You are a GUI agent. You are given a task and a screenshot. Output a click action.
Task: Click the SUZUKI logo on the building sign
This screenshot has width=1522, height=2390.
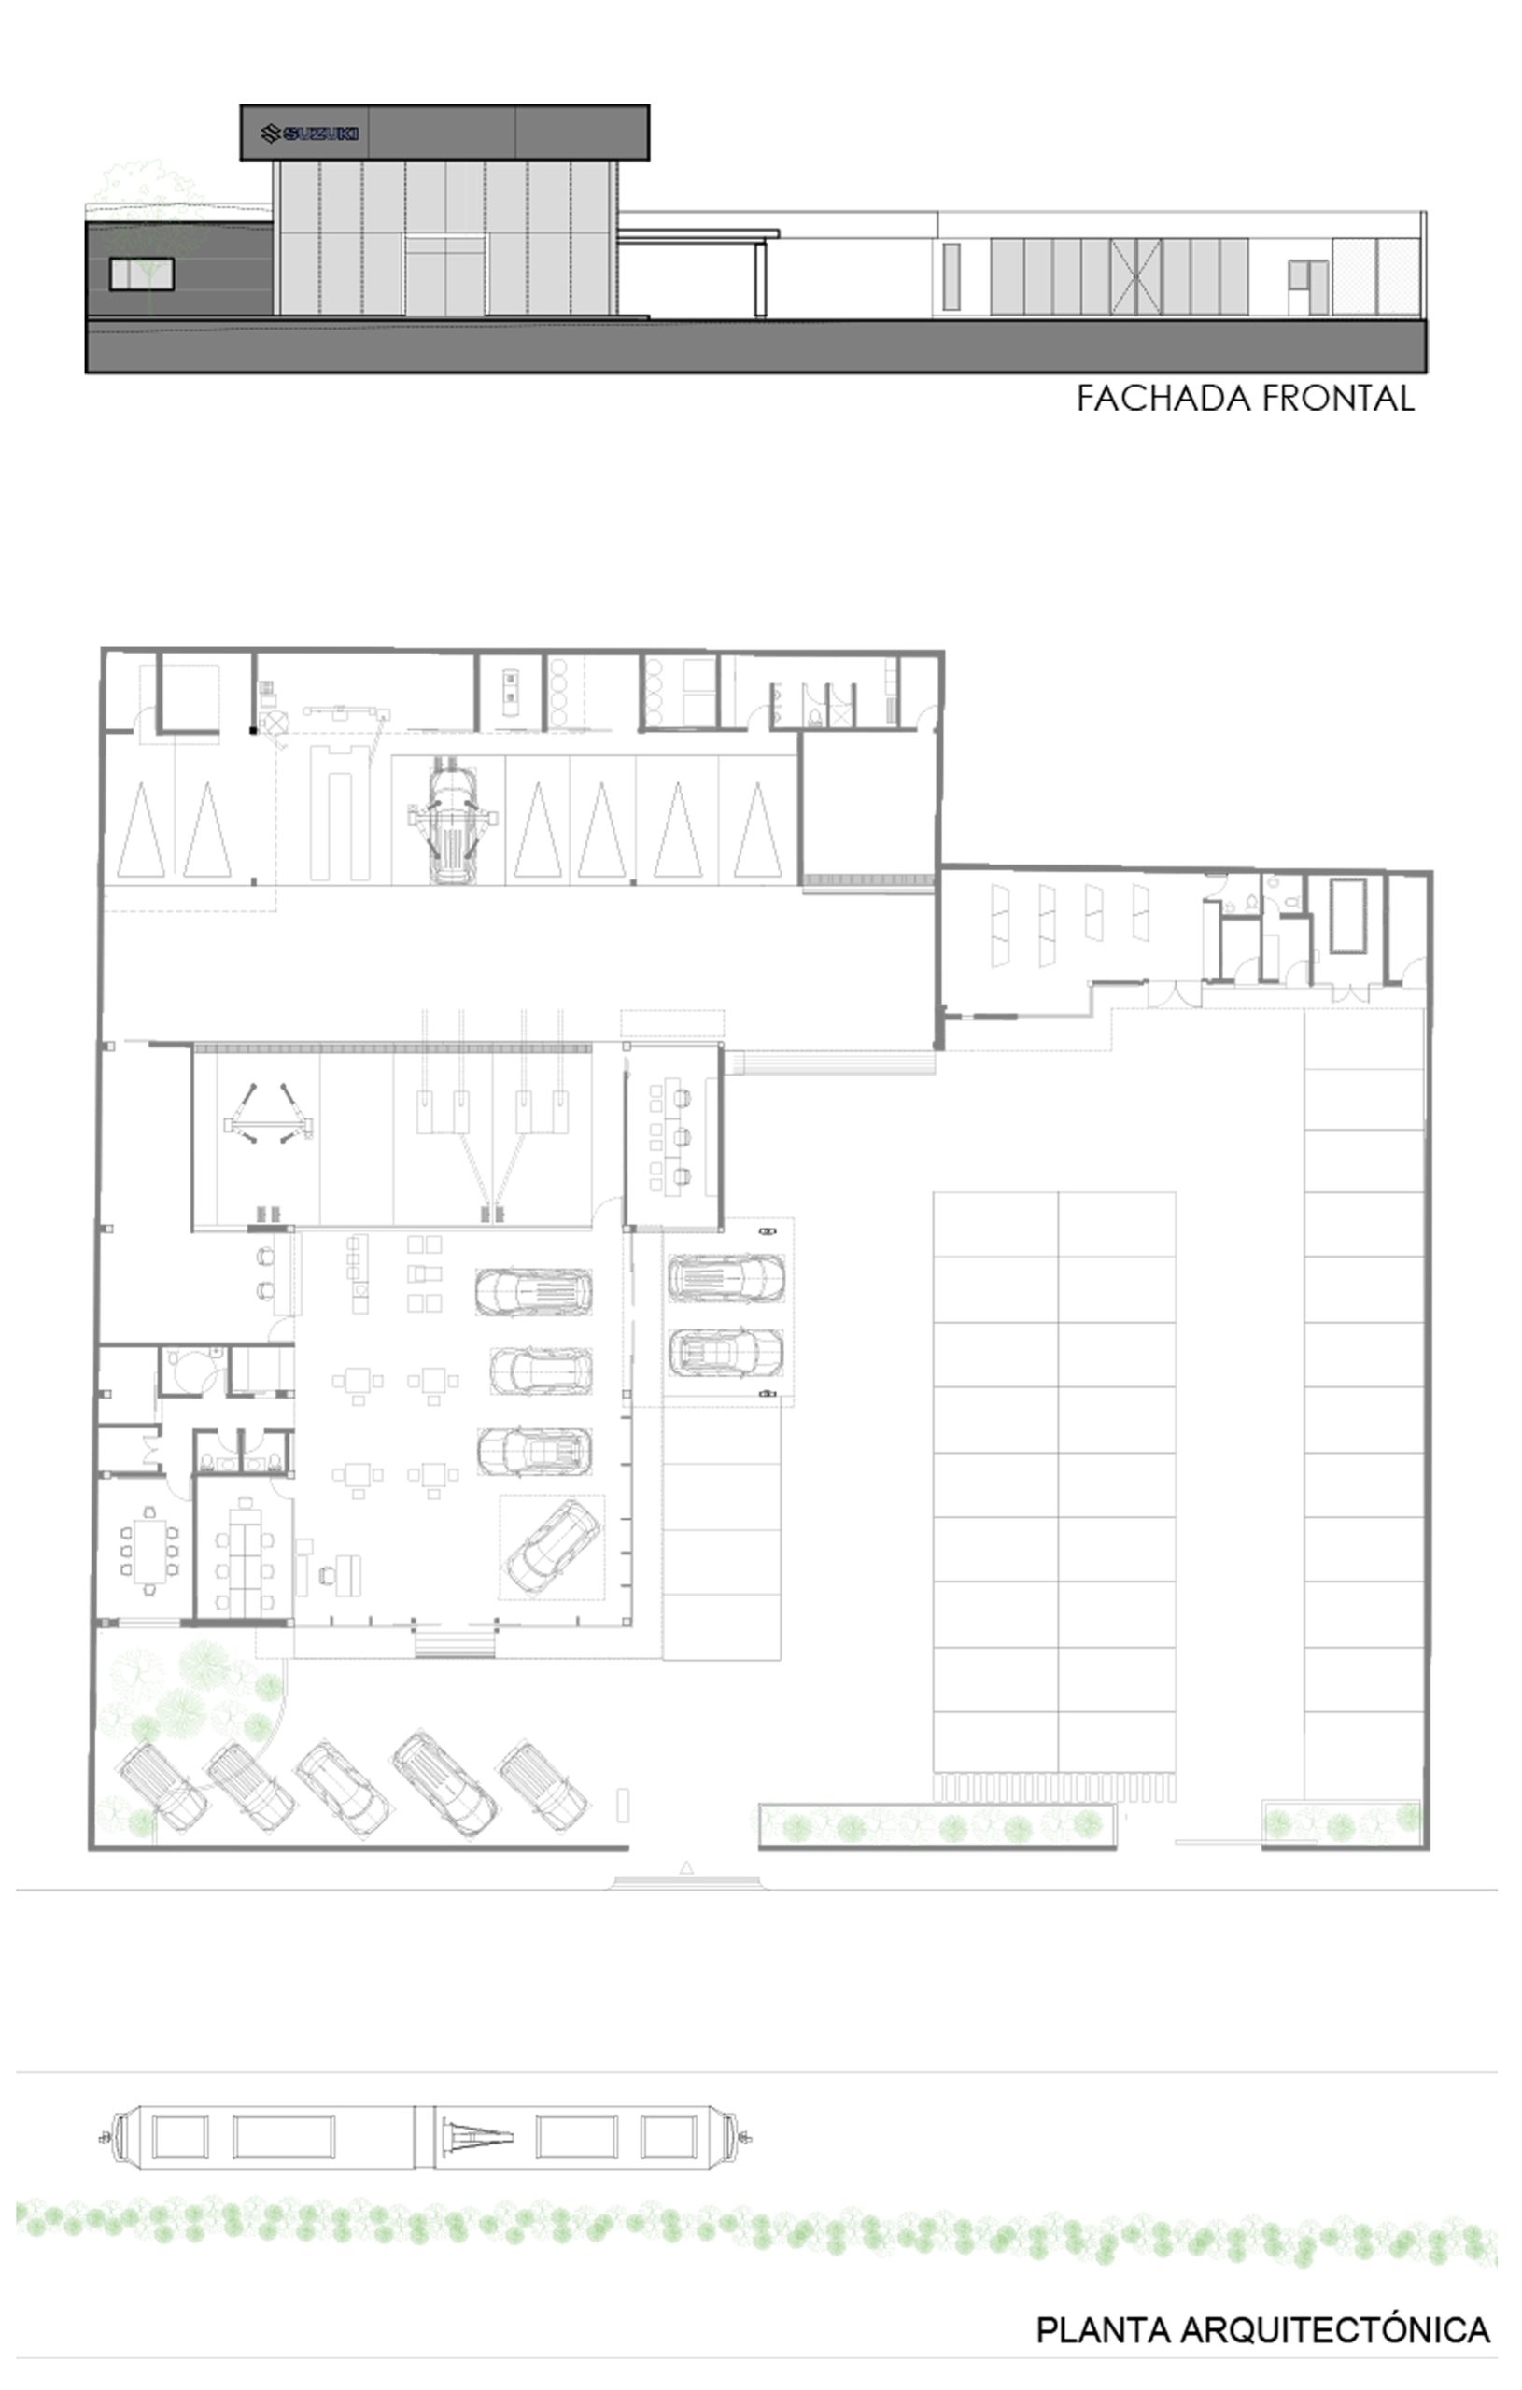pos(309,133)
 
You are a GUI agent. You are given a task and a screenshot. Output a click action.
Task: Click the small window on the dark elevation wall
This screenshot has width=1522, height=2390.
pos(141,274)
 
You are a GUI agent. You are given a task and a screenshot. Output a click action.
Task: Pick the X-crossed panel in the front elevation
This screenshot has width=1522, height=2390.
pos(1135,277)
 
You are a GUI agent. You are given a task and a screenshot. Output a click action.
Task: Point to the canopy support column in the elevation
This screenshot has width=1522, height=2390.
pos(760,279)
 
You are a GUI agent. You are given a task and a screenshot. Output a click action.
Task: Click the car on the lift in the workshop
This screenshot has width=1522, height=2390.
pos(452,819)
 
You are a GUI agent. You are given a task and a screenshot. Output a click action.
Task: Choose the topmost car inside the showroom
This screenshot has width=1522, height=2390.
pos(534,1291)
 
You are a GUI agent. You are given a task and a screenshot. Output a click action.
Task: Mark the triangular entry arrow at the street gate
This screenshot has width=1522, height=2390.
pos(686,1867)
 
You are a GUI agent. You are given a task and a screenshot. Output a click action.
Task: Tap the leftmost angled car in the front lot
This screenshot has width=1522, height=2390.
pos(162,1787)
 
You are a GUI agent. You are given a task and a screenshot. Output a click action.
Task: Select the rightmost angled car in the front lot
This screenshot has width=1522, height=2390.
pos(543,1787)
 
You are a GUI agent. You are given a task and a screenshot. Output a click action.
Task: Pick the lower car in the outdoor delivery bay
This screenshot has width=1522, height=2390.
pos(726,1351)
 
